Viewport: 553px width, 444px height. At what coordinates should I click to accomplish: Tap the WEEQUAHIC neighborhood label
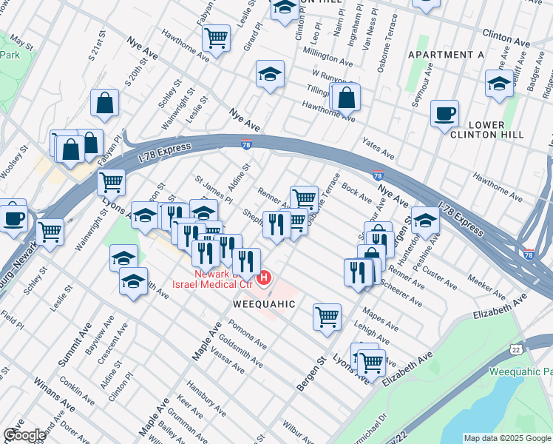[265, 304]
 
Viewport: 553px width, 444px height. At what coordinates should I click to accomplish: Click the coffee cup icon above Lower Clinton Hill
[444, 114]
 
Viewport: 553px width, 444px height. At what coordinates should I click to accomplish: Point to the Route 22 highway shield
[515, 349]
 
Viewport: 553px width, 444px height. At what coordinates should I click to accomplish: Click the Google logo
[24, 435]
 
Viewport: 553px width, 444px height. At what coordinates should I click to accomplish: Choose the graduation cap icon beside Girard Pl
[271, 74]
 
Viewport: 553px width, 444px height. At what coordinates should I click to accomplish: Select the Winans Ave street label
[53, 396]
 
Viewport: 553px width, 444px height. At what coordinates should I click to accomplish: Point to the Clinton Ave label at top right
[507, 34]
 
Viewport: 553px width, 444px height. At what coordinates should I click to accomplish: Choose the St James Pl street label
[213, 189]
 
